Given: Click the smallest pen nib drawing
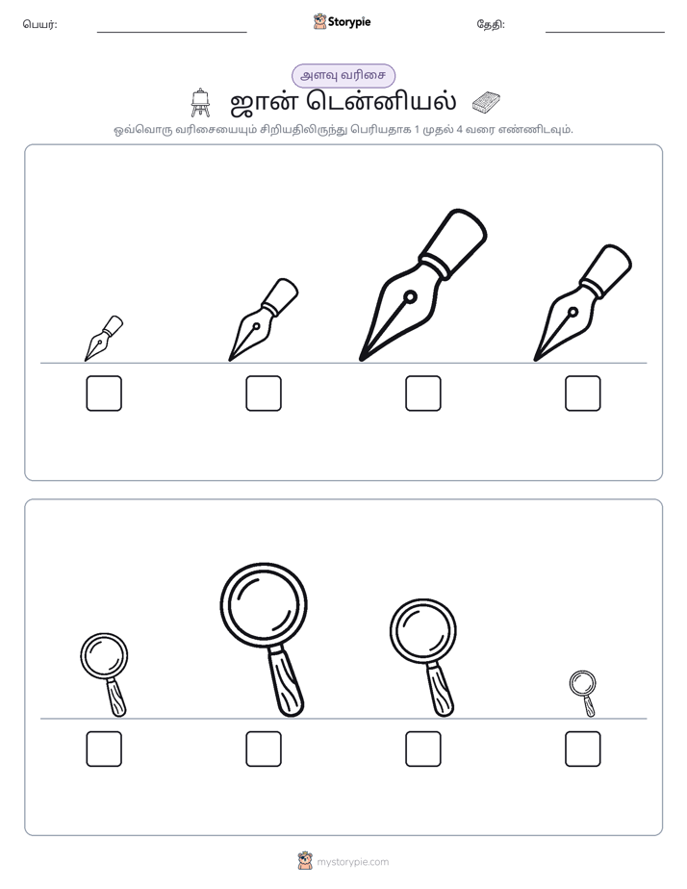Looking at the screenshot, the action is coord(103,339).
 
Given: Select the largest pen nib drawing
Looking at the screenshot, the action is coord(422,285).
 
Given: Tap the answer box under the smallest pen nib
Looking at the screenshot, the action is coord(104,393).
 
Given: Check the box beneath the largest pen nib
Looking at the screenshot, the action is coord(422,393).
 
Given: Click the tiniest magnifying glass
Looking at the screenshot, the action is coord(583,693).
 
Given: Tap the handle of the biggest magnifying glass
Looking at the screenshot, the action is coord(287,683).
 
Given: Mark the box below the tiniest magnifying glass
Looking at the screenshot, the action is coord(583,749).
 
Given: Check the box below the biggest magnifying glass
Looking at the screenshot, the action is coord(264,749).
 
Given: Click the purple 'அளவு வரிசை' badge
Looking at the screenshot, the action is coord(343,75).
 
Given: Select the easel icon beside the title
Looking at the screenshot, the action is coord(200,103).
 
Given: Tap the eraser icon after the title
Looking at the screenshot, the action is coord(486,102).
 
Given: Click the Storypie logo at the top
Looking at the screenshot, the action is coord(343,21).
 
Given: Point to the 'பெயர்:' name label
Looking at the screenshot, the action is coord(39,24).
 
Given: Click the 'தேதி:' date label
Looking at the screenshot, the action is coord(491,24).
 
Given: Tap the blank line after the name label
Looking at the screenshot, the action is coord(171,33).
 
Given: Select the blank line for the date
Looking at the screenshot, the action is coord(605,33).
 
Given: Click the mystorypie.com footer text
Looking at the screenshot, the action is coord(352,862).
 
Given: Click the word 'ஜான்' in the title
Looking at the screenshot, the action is coord(265,102).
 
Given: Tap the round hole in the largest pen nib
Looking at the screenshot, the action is coord(410,296).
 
